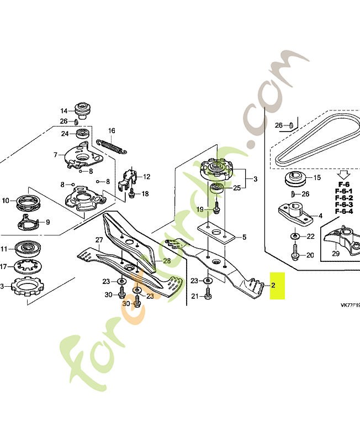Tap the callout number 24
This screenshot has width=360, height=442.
pyautogui.click(x=65, y=134)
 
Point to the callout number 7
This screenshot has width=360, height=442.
pyautogui.click(x=55, y=155)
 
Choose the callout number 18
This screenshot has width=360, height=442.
pyautogui.click(x=145, y=194)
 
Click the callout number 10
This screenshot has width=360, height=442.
pyautogui.click(x=6, y=201)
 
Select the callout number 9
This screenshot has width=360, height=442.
pyautogui.click(x=47, y=223)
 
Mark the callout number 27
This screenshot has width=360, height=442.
pyautogui.click(x=99, y=240)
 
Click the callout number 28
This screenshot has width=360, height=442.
pyautogui.click(x=166, y=261)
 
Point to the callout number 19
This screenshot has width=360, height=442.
pyautogui.click(x=201, y=209)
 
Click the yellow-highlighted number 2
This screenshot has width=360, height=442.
pyautogui.click(x=273, y=286)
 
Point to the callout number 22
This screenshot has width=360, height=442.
pyautogui.click(x=310, y=236)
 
